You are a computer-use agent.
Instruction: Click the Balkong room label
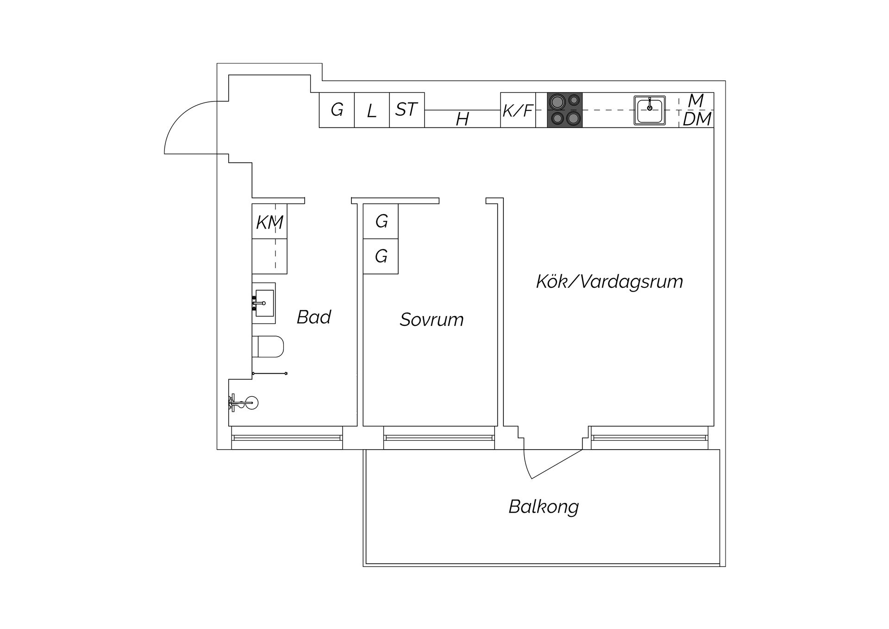point(544,507)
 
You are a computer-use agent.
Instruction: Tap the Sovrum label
point(432,319)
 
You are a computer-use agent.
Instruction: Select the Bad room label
point(313,317)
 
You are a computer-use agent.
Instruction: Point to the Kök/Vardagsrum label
point(609,281)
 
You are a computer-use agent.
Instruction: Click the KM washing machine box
point(269,221)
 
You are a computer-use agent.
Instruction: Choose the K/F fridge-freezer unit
point(518,110)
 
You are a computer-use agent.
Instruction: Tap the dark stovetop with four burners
point(565,110)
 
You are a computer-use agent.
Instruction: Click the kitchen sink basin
point(650,110)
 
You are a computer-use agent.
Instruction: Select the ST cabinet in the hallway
point(407,110)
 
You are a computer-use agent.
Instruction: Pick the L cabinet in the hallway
point(372,110)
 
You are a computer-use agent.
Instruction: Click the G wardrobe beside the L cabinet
point(337,110)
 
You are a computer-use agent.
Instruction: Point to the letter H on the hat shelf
point(462,119)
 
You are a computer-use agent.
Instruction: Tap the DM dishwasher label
point(697,119)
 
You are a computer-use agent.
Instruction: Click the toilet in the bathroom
point(268,347)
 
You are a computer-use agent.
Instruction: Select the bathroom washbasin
point(263,303)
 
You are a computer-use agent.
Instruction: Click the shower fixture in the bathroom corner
point(244,403)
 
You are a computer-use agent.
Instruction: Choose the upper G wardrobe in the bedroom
point(381,221)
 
